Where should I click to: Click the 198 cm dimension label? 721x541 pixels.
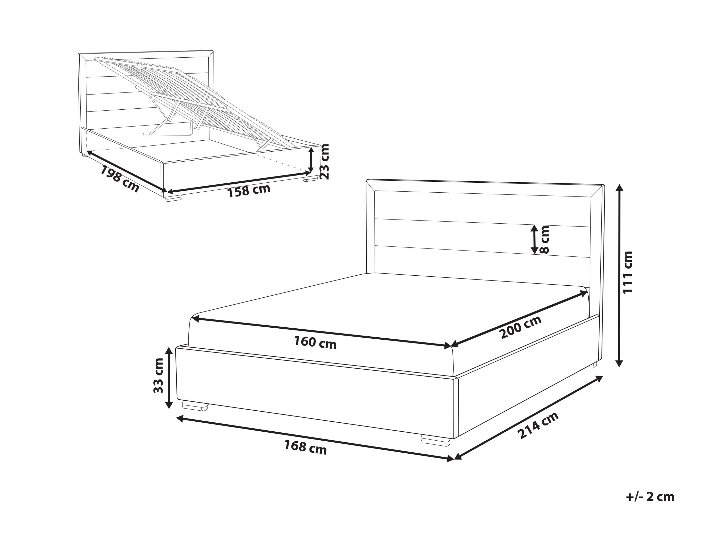coord(120,179)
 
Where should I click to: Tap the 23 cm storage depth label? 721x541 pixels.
coord(325,161)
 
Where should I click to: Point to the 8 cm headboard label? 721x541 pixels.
coord(544,240)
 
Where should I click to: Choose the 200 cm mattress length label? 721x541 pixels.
coord(521,327)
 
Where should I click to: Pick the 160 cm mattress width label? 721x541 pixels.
coord(315,342)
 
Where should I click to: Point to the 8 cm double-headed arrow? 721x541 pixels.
coord(534,240)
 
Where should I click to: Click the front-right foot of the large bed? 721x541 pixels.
coord(436,440)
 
